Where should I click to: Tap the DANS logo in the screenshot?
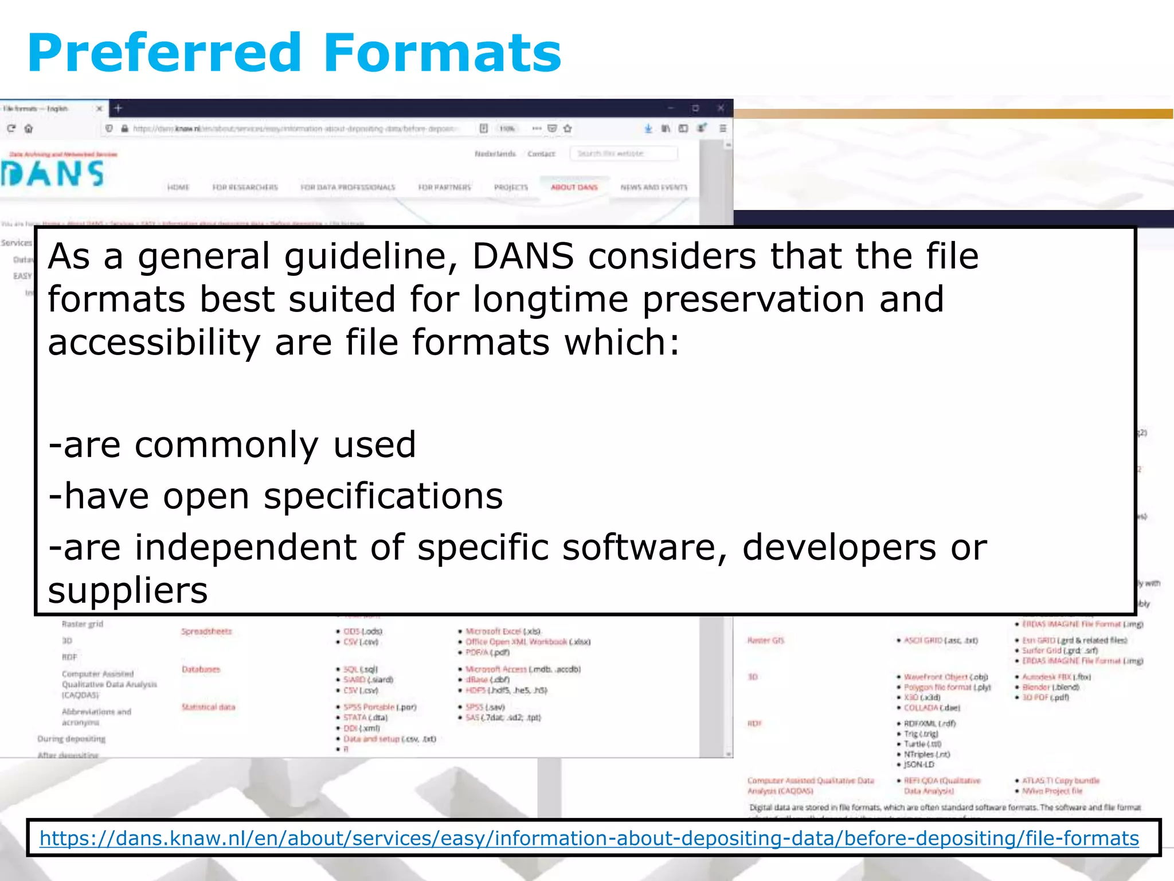53,173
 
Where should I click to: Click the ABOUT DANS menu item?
574,187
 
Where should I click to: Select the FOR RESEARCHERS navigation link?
245,187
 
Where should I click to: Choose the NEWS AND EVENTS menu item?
653,187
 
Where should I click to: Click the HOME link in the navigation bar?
178,187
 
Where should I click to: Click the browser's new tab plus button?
118,108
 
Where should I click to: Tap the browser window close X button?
721,108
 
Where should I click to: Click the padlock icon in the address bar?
124,128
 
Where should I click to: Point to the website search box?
623,154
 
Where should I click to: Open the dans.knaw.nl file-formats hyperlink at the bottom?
589,838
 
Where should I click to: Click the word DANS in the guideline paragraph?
522,256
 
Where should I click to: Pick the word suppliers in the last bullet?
127,590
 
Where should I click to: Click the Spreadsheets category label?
206,631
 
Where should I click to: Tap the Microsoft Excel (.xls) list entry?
503,631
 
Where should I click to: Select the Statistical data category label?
208,707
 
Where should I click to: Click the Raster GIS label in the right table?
765,640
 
